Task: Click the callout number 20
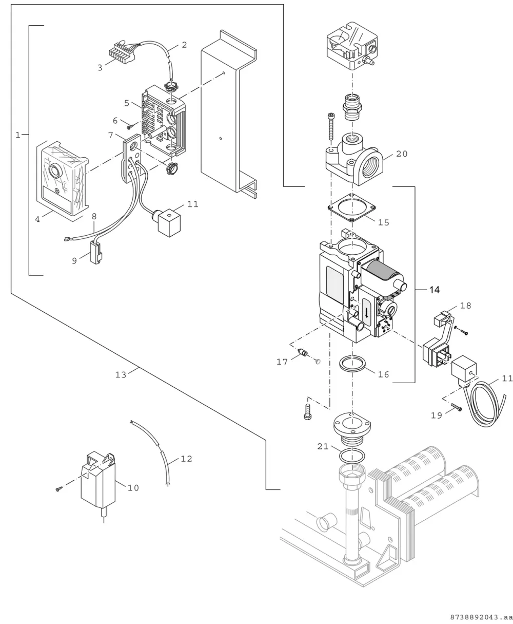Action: [x=402, y=154]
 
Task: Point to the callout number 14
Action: [x=434, y=290]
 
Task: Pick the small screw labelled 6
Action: [x=130, y=127]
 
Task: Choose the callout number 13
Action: [x=121, y=374]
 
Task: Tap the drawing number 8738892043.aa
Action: [x=481, y=617]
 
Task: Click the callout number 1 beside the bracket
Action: [x=18, y=135]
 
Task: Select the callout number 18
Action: [x=465, y=306]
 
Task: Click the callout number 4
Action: [x=37, y=219]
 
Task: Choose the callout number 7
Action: [x=110, y=135]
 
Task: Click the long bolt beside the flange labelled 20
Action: [x=331, y=127]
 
